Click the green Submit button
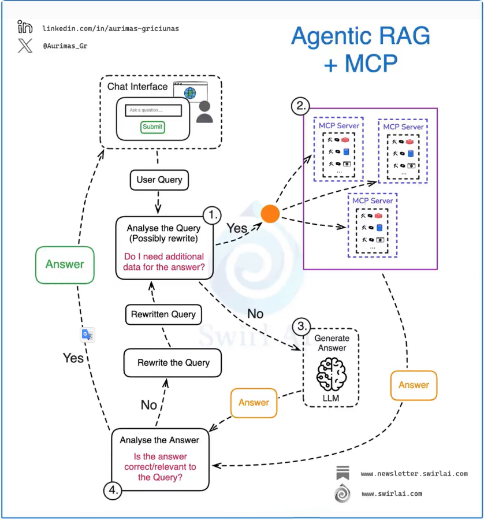click(x=152, y=127)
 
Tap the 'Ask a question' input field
click(x=153, y=110)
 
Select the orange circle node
click(x=270, y=214)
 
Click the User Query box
click(x=159, y=180)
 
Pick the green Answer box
click(x=65, y=264)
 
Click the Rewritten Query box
click(x=163, y=315)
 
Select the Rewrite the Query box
click(x=173, y=363)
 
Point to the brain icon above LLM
click(x=331, y=374)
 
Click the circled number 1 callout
click(x=213, y=215)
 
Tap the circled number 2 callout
click(x=300, y=106)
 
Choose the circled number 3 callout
click(x=300, y=326)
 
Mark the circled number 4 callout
click(x=113, y=491)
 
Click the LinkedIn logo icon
click(x=25, y=27)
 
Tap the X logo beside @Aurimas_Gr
click(x=25, y=46)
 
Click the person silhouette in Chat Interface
click(x=204, y=112)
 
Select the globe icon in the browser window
click(x=189, y=92)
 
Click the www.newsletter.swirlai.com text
click(x=414, y=474)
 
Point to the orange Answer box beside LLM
click(x=254, y=403)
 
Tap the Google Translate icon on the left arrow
click(x=87, y=335)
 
